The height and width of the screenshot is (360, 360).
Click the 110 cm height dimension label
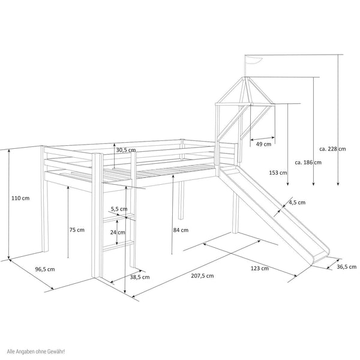[x=20, y=198]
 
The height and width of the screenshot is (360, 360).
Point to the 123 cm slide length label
[x=260, y=268]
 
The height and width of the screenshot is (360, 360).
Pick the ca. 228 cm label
[x=332, y=150]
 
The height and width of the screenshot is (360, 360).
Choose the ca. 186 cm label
[x=308, y=162]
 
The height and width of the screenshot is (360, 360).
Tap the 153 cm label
[x=278, y=173]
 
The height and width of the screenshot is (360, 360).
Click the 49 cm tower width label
[x=263, y=144]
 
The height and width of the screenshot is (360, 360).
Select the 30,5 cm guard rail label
[x=126, y=150]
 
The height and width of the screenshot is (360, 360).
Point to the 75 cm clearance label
[x=76, y=230]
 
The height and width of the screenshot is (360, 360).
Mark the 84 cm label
[x=180, y=230]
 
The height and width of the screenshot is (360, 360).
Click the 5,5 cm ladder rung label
[x=119, y=209]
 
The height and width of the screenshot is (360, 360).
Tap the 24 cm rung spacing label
[x=117, y=233]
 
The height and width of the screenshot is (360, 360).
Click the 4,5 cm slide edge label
[x=296, y=202]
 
